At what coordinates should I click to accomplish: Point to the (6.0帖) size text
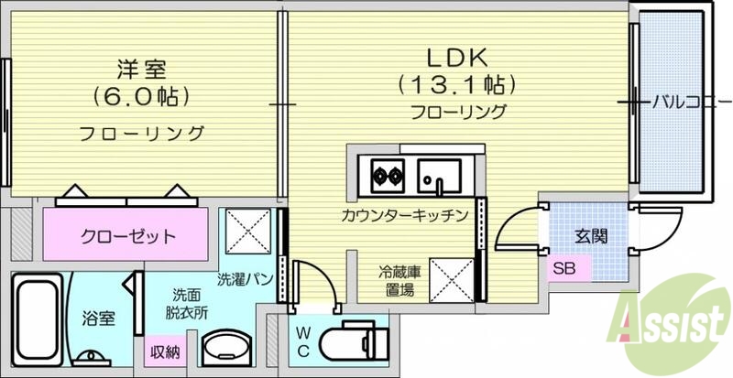(x=140, y=95)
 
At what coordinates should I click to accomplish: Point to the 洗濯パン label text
(x=245, y=277)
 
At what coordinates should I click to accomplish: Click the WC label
(x=303, y=342)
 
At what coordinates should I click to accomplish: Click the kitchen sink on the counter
(x=439, y=173)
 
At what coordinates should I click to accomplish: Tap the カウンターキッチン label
(x=404, y=216)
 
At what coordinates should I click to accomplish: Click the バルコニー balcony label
(x=690, y=101)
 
